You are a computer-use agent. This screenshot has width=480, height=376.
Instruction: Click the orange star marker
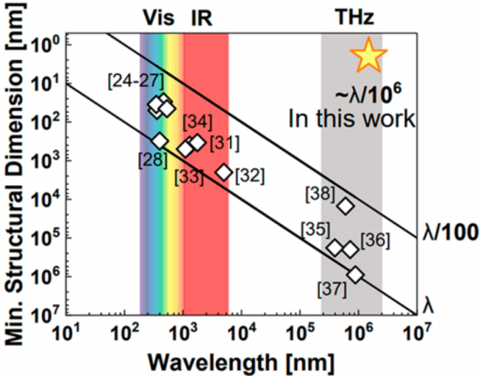[x=368, y=55]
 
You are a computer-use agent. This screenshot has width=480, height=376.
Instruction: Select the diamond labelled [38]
[x=345, y=205]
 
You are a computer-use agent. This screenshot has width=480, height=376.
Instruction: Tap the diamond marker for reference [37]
[x=355, y=275]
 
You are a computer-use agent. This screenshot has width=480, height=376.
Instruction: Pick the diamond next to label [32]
[x=223, y=172]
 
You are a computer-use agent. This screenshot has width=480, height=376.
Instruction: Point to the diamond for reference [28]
[x=159, y=140]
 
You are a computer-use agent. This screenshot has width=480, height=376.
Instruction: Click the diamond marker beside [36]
[x=349, y=249]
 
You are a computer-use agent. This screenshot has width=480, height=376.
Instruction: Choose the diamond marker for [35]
[x=334, y=247]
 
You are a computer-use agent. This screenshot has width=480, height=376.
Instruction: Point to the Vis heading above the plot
[x=157, y=17]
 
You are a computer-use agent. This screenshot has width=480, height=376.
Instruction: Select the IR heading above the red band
[x=201, y=17]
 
